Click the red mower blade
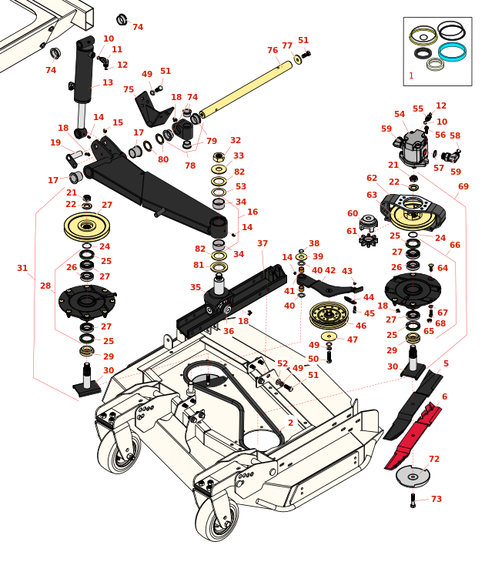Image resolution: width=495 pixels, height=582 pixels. tap(413, 435)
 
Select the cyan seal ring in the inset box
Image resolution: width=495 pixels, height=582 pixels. tap(452, 52)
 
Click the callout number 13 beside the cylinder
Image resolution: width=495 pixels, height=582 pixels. tap(108, 83)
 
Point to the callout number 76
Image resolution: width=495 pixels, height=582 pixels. tap(273, 51)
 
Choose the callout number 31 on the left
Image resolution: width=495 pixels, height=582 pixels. tap(22, 269)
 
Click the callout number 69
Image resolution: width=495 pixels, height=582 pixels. tap(463, 187)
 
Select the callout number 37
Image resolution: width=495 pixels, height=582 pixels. tap(263, 244)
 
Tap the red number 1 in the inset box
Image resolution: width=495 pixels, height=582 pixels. tap(411, 76)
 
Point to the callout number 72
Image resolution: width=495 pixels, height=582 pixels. tap(434, 460)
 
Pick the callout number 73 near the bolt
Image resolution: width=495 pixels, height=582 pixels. tap(436, 500)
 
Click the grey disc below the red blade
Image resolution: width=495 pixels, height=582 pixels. tap(413, 477)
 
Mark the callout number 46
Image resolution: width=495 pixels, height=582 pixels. tap(361, 326)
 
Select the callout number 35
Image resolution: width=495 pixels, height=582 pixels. tap(196, 288)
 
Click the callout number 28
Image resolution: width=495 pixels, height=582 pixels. tap(45, 286)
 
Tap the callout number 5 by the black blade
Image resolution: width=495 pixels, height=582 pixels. tap(446, 364)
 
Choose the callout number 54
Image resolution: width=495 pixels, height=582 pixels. tap(400, 115)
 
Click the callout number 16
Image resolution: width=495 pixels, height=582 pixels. tap(253, 212)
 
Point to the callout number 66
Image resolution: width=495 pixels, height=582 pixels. tap(455, 246)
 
